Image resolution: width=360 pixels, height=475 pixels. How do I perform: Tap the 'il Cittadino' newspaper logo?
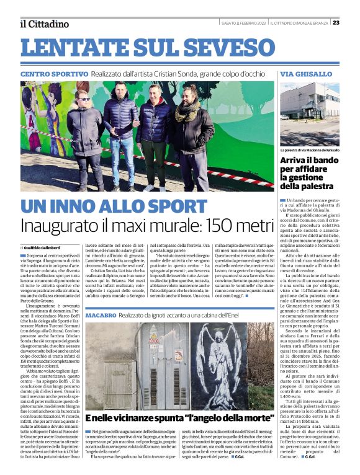click(43, 24)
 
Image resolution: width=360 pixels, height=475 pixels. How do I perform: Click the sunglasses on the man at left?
click(84, 99)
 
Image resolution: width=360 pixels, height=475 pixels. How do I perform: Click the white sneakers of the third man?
click(156, 186)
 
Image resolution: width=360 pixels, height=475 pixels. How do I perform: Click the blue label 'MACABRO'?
click(101, 316)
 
